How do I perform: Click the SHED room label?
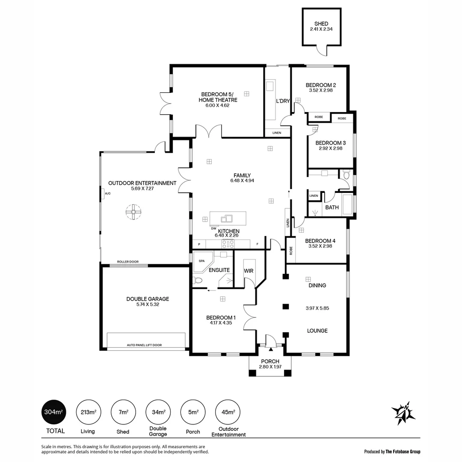pos(321,24)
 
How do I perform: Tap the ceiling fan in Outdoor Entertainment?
pos(133,211)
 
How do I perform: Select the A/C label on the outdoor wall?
pos(107,194)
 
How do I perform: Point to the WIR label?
pos(249,271)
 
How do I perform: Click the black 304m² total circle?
pos(53,412)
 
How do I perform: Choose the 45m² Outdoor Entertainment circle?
pos(228,412)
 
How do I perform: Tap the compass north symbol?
pos(403,413)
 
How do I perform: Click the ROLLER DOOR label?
pos(128,262)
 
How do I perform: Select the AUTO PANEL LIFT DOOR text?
pos(144,345)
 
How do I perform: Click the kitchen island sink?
pos(226,219)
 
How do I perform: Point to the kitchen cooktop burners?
pos(227,244)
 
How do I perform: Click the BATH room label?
pos(332,207)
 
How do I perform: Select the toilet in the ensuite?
pos(197,281)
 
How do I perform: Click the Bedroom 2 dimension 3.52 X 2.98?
pos(320,90)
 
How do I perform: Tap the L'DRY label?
pos(283,101)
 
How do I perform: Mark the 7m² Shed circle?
pos(123,412)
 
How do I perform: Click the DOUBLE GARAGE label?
pos(147,299)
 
